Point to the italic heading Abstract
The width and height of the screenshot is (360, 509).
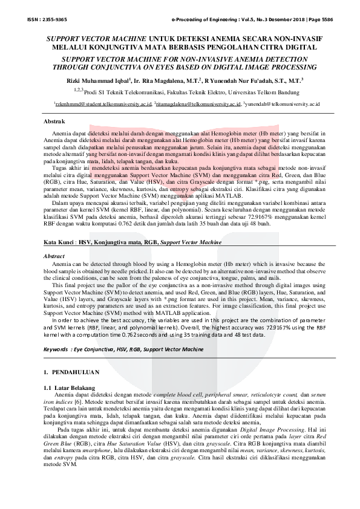[55, 256]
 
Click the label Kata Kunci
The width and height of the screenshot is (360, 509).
[62, 241]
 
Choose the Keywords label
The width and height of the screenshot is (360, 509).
[59, 349]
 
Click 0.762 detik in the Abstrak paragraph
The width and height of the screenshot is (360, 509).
[131, 223]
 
